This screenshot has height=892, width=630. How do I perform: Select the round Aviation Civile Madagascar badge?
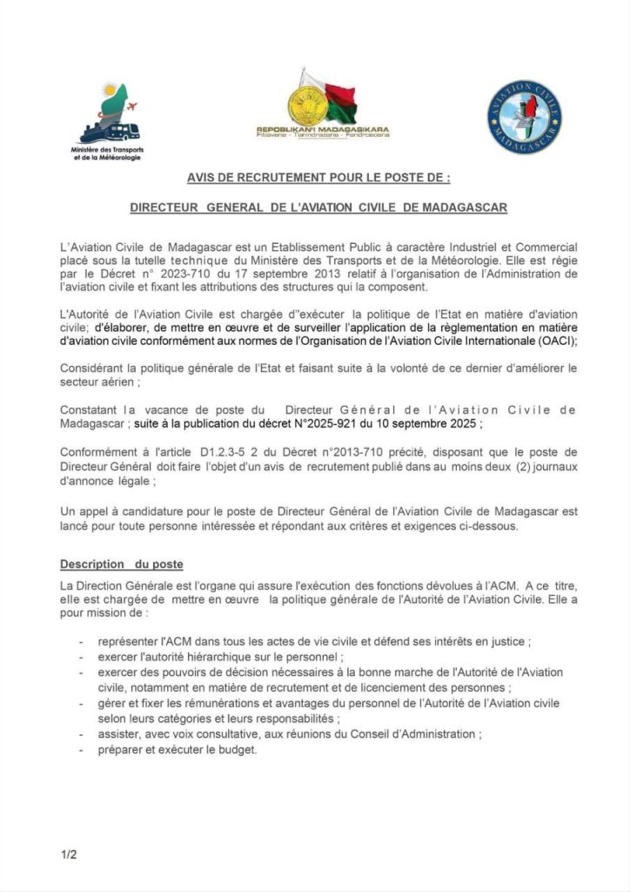tap(524, 117)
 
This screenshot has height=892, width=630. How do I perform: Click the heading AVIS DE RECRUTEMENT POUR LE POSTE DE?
tap(319, 179)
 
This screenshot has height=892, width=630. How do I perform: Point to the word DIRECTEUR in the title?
tap(164, 209)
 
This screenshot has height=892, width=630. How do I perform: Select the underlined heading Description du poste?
tap(121, 564)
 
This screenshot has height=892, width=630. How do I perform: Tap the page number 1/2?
tap(69, 855)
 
